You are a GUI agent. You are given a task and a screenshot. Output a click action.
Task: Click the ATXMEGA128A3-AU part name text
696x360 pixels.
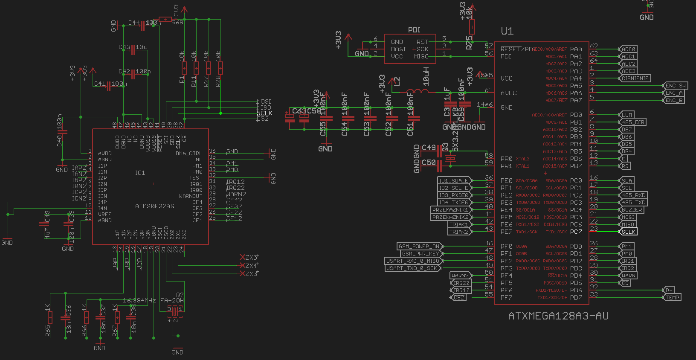558,316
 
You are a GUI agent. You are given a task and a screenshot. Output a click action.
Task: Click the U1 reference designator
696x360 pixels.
507,31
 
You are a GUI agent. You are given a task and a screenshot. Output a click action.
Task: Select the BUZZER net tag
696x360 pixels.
632,210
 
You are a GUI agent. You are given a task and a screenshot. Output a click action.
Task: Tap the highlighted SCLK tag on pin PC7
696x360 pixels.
628,232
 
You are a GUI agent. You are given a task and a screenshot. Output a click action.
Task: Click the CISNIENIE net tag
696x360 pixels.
635,78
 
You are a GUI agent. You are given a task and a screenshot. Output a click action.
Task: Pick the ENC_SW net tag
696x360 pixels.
676,86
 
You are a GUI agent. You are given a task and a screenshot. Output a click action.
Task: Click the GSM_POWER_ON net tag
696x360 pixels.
419,246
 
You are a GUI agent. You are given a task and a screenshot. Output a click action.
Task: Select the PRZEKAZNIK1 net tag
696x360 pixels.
450,210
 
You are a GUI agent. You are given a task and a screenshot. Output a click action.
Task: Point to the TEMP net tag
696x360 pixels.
673,298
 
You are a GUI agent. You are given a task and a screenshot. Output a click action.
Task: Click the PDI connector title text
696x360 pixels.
414,30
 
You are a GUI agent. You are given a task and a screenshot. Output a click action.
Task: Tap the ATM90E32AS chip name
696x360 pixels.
154,206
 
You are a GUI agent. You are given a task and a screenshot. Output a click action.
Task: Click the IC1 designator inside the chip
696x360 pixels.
140,173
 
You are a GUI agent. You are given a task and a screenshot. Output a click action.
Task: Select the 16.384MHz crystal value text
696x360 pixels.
139,300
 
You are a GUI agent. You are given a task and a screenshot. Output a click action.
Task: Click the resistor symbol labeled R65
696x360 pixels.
50,317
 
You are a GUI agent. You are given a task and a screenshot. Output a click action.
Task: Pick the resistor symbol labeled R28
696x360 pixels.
220,68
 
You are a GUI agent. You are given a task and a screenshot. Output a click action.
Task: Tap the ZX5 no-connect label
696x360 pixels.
252,257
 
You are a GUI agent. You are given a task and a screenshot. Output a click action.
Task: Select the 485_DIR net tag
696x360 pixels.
633,122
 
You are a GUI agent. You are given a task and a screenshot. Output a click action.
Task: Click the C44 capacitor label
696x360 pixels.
134,23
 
